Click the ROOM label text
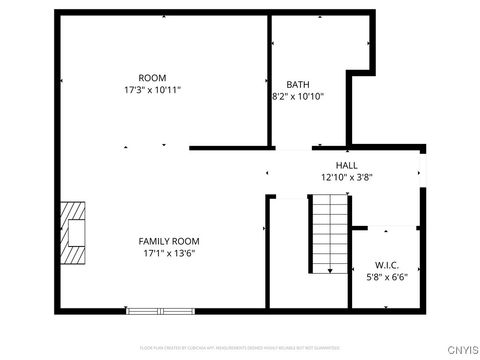(x=152, y=78)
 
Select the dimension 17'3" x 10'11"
(x=152, y=90)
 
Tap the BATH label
(x=297, y=84)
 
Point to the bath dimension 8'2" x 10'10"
(x=297, y=97)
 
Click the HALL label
(x=346, y=165)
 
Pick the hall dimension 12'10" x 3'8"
(x=346, y=177)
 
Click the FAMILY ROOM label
(x=169, y=241)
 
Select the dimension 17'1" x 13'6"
(x=169, y=254)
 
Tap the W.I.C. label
(x=387, y=265)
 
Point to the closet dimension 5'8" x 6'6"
(x=387, y=277)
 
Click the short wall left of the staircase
(x=267, y=250)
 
